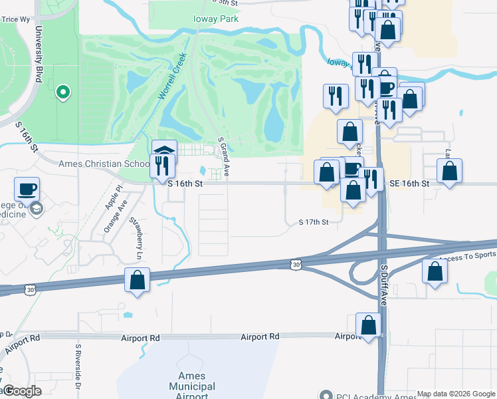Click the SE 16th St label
[x=410, y=183]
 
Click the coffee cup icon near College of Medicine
[x=27, y=189]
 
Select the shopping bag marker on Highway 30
[x=137, y=279]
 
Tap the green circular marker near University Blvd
[x=63, y=92]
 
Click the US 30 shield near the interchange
[x=295, y=265]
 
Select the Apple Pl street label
[x=110, y=197]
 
